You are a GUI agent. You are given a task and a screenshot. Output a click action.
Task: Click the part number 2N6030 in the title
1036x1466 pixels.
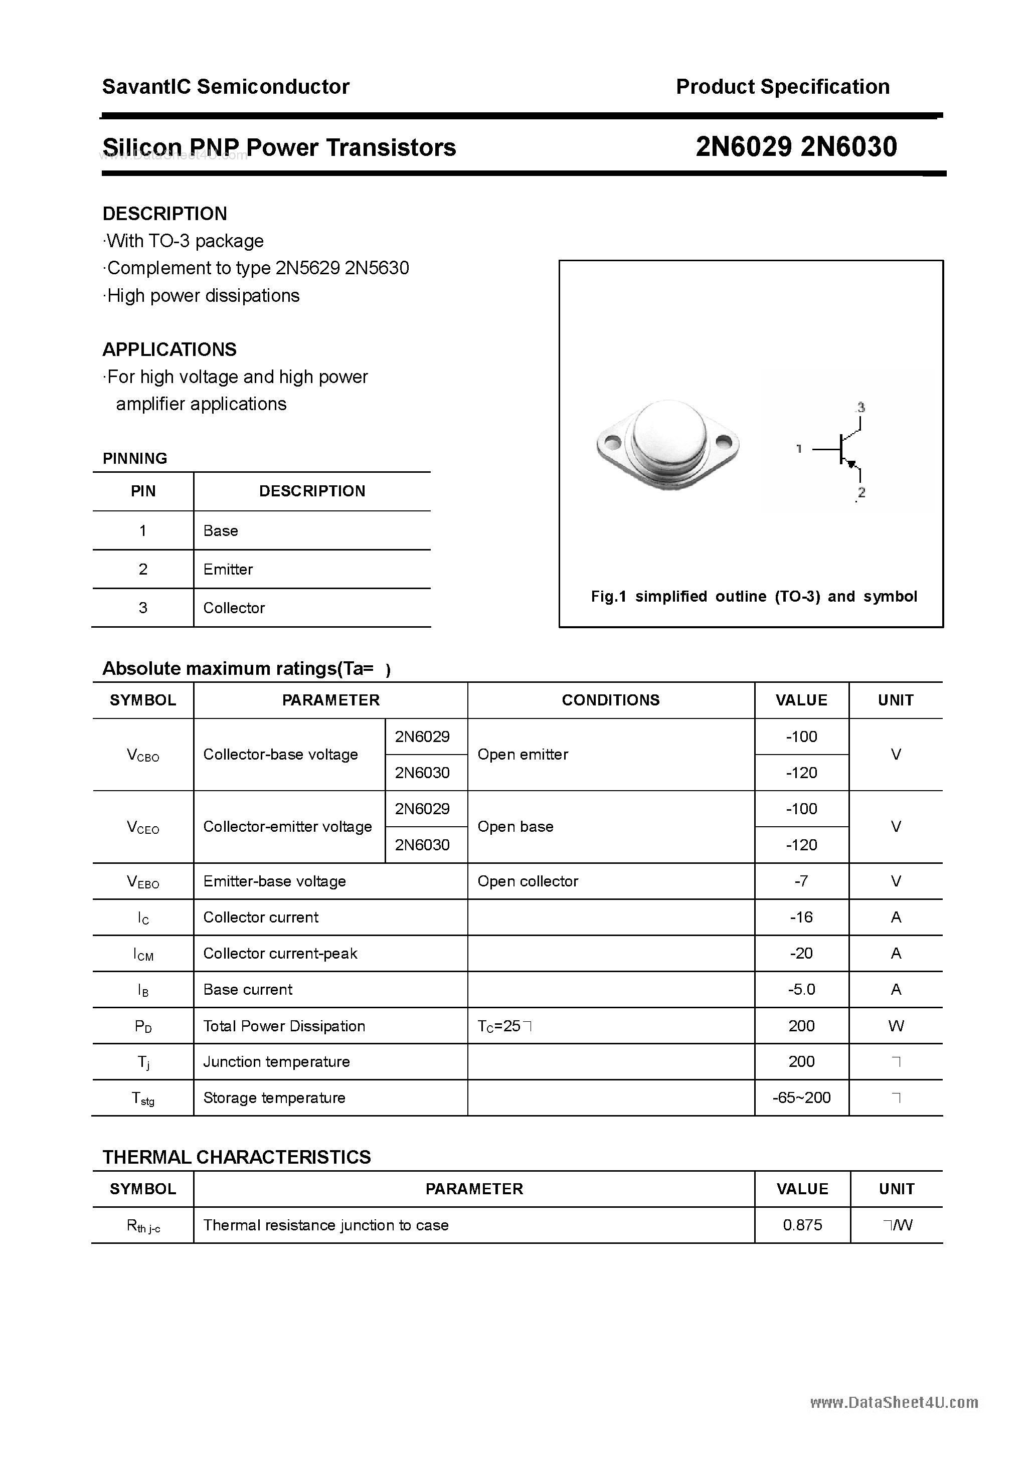point(848,147)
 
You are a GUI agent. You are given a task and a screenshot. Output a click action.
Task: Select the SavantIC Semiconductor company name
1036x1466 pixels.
point(226,87)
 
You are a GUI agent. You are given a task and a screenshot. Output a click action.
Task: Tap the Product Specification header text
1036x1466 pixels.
point(782,87)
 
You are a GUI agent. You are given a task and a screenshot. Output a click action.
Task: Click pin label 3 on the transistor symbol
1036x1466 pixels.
point(861,407)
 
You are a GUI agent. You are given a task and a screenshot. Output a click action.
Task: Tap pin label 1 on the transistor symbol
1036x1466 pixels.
point(798,449)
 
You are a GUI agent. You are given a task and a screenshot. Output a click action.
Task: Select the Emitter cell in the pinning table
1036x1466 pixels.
point(228,569)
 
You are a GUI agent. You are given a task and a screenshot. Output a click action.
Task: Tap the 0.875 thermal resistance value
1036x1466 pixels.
point(802,1225)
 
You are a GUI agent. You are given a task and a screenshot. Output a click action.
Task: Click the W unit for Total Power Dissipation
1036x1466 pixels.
point(896,1026)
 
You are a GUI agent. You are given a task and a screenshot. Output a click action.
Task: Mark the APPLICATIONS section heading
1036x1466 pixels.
point(169,349)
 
